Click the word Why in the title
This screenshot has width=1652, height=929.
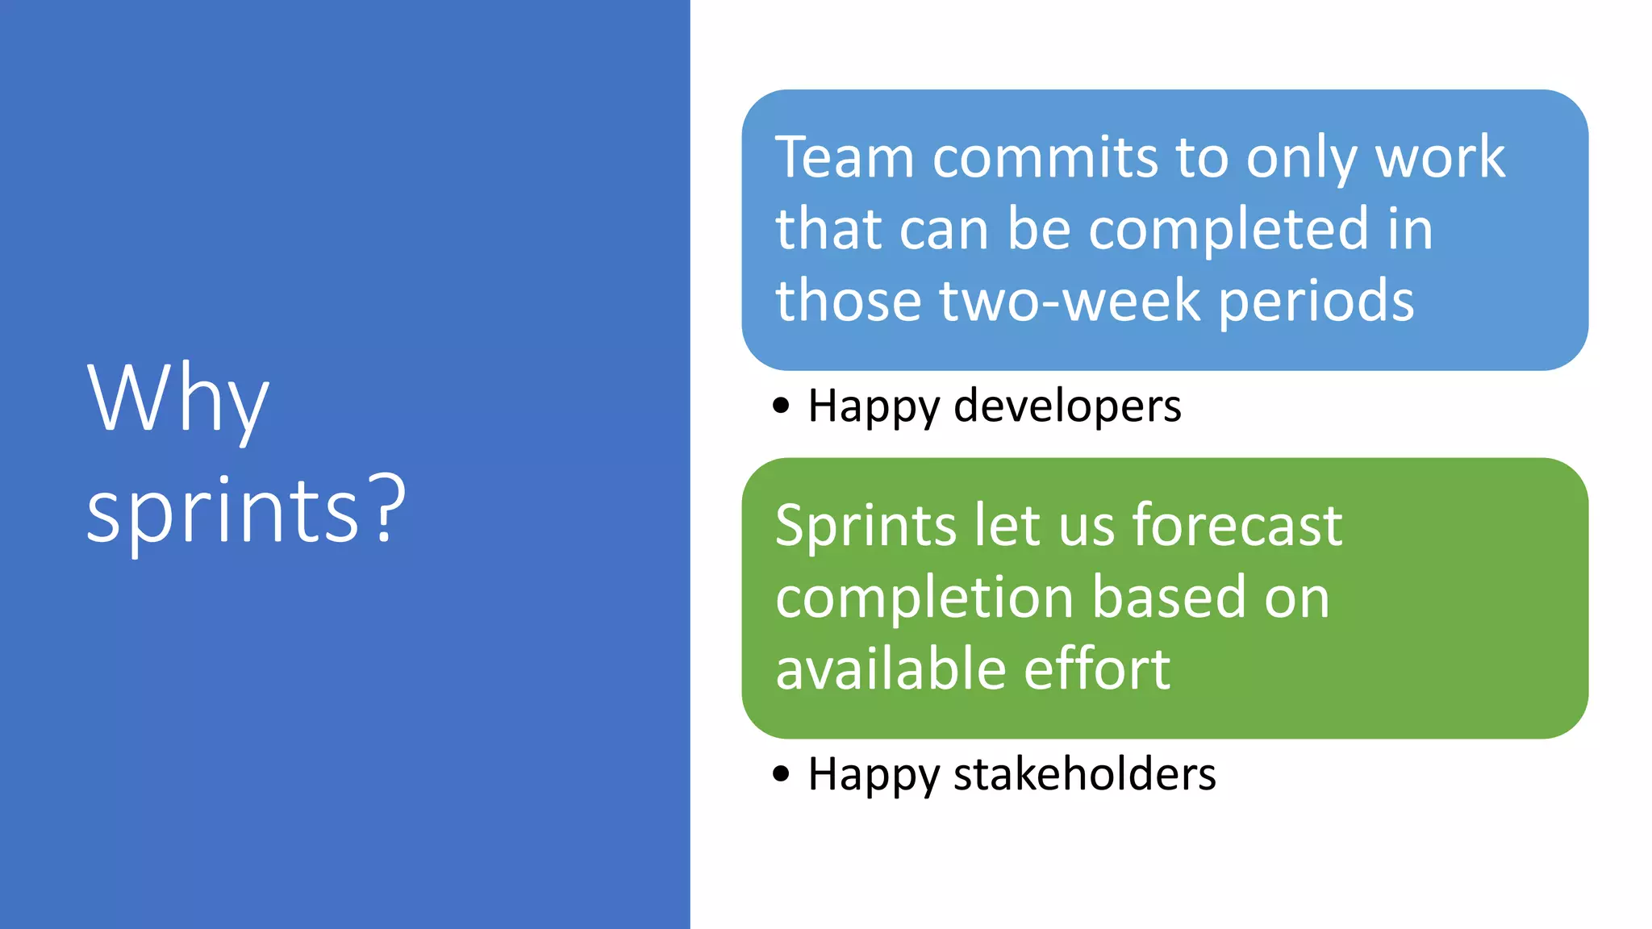pos(177,399)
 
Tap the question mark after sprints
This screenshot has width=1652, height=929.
pos(389,510)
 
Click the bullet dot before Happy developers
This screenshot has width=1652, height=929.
pos(781,405)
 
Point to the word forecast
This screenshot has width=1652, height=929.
pos(1237,526)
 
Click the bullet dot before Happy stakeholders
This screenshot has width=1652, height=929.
pos(781,774)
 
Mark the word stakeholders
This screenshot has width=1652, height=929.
pos(1084,774)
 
